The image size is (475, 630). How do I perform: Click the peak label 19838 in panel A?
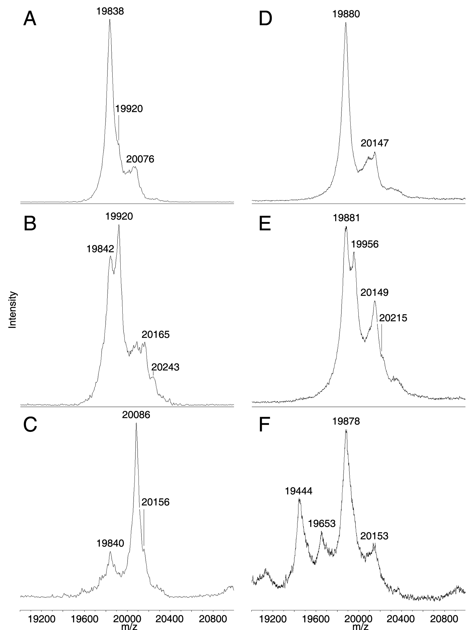[x=110, y=12]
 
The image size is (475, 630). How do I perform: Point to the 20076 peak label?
[x=140, y=159]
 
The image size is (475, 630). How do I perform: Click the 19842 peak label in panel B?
[x=100, y=249]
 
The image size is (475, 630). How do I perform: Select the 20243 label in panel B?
[x=165, y=367]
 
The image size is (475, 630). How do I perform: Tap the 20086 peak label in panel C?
[x=136, y=415]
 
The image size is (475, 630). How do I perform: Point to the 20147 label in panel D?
[x=374, y=143]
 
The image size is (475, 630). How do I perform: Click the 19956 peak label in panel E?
[x=365, y=244]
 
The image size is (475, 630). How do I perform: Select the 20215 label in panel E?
[x=393, y=318]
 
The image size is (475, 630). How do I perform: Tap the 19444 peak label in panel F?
[x=298, y=491]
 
